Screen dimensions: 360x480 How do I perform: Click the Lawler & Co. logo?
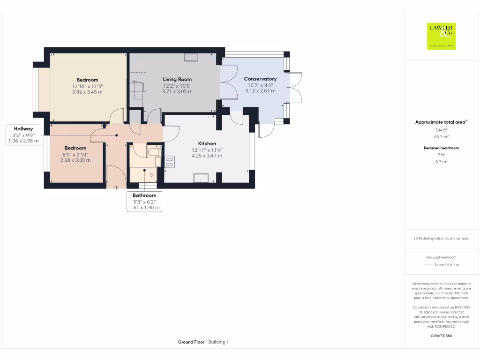[x=441, y=36]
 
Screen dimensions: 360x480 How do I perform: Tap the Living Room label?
[x=177, y=79]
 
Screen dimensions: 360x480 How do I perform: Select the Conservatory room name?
[x=260, y=79]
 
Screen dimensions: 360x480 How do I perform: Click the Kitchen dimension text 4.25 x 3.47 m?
[x=207, y=156]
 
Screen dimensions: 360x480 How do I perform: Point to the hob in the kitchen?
[x=170, y=162]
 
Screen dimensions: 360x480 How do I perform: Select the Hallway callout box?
[x=23, y=135]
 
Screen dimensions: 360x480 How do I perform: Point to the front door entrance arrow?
[x=116, y=188]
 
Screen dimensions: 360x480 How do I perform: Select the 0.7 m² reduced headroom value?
[x=441, y=161]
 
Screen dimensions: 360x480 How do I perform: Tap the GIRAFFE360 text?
[x=441, y=336]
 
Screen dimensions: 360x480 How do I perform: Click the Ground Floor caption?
[x=191, y=342]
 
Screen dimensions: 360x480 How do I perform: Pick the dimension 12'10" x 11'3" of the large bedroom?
[x=87, y=86]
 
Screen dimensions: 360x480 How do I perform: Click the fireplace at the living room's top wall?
[x=191, y=57]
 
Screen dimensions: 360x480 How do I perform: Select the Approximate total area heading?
[x=441, y=122]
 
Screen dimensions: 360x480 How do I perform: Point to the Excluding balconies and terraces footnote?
[x=441, y=238]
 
